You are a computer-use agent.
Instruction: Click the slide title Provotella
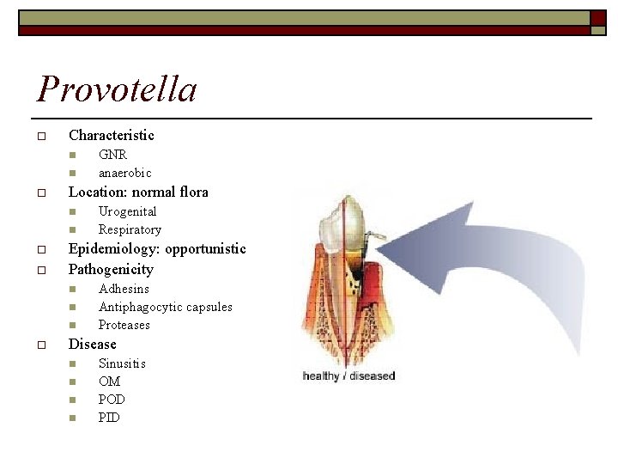117,89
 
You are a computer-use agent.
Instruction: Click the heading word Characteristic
112,135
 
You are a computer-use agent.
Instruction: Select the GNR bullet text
112,155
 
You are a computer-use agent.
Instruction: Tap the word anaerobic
124,173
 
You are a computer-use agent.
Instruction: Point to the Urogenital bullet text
127,211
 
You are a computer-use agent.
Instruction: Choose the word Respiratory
130,229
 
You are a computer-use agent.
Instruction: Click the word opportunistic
205,249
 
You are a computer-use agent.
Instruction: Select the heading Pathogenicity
111,269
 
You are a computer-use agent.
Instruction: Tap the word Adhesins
124,289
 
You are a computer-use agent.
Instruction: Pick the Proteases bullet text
124,325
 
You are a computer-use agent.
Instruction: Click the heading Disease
92,344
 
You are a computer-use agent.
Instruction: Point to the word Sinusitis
122,363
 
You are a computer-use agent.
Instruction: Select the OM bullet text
109,382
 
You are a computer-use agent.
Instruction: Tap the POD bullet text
112,400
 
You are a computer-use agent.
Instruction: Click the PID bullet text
109,418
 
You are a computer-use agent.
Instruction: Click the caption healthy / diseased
348,376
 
